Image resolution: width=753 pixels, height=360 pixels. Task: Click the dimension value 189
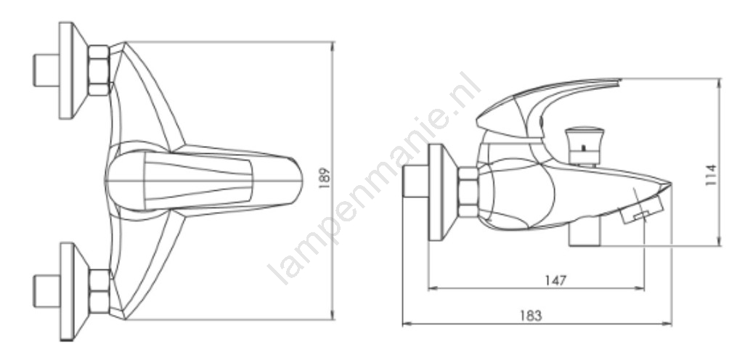[x=325, y=178]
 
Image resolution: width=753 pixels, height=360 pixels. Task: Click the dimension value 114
[x=711, y=175]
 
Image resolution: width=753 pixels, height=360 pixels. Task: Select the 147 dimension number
[x=556, y=280]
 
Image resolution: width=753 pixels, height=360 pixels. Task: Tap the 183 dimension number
[x=530, y=316]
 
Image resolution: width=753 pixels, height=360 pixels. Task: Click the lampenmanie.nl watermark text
[x=375, y=179]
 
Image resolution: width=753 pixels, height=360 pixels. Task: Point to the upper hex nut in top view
[x=99, y=70]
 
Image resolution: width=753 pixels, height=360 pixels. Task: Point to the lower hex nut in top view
[x=99, y=291]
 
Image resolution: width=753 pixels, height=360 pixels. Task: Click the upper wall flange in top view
[x=72, y=70]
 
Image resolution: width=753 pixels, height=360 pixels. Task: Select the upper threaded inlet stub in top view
[x=46, y=70]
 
